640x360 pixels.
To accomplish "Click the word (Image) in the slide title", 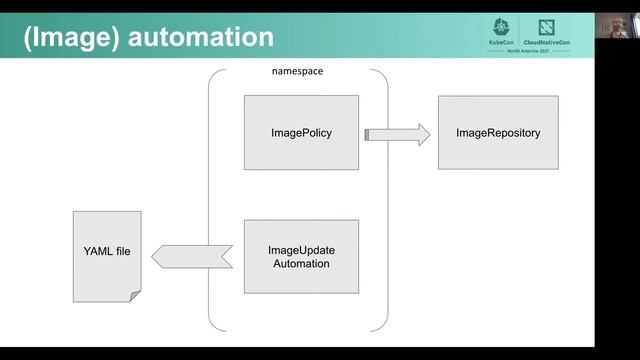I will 69,37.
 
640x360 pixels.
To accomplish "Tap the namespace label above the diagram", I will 298,72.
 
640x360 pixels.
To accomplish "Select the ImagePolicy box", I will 301,132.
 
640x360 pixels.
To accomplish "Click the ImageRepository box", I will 498,132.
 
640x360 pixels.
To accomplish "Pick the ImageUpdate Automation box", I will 301,256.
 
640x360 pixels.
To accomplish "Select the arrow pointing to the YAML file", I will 190,256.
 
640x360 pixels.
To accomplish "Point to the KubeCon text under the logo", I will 503,43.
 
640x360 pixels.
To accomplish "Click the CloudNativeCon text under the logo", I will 545,43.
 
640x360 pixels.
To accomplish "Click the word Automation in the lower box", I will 301,263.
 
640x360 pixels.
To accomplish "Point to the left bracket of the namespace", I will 211,200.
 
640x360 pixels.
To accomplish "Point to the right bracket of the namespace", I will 385,200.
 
